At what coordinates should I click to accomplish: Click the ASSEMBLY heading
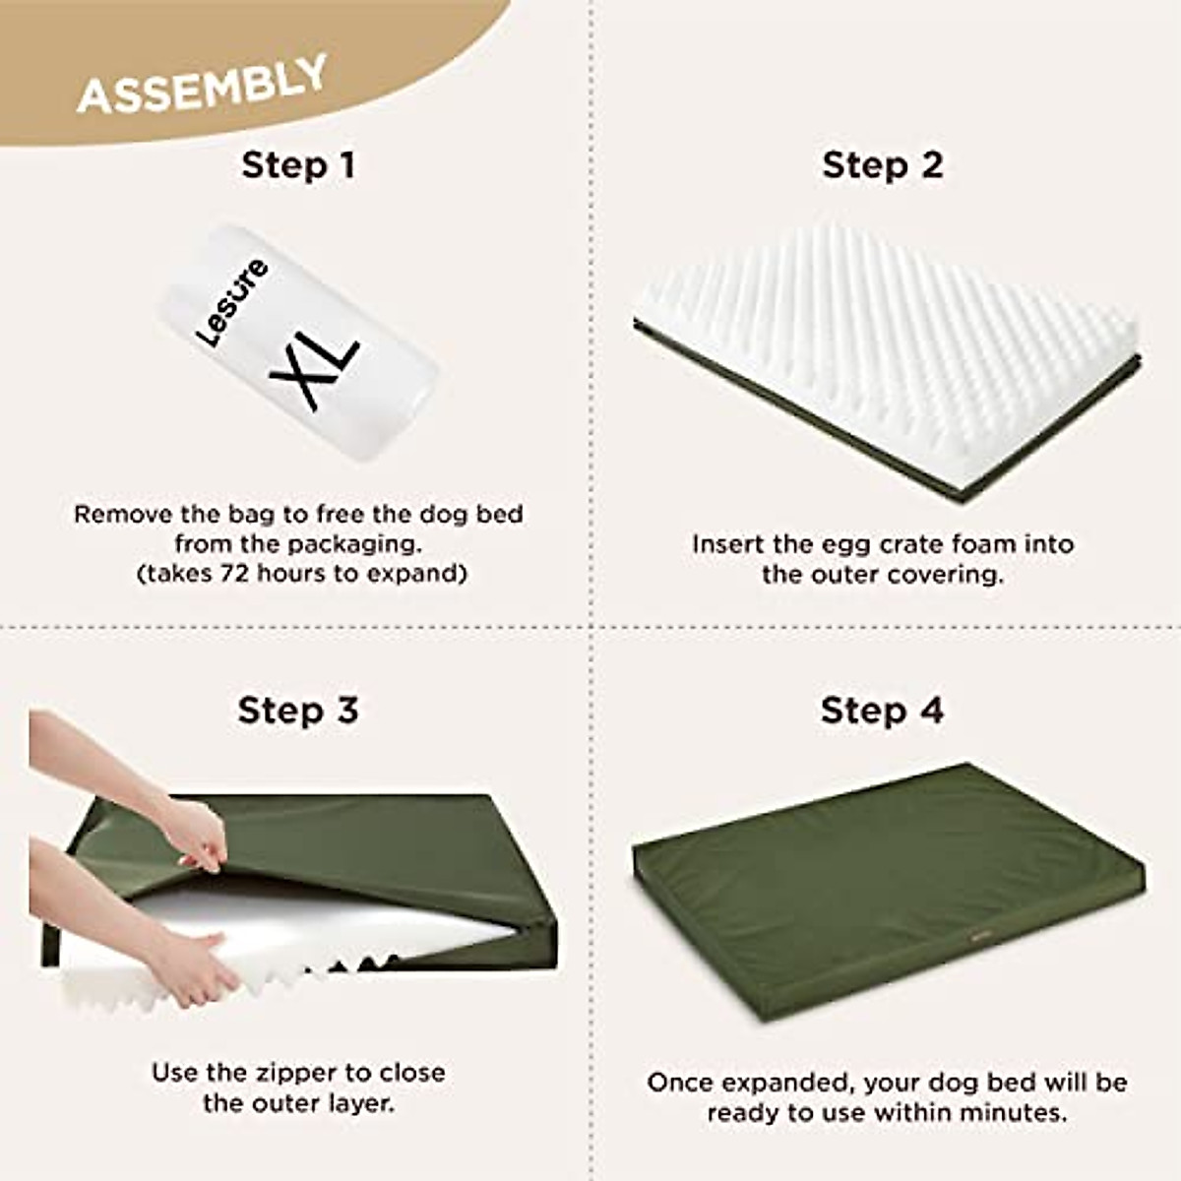(202, 85)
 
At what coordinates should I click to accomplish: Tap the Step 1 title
(298, 165)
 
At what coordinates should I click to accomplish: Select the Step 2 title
(882, 165)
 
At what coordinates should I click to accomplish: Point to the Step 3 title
(298, 710)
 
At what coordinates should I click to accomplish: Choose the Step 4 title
(882, 710)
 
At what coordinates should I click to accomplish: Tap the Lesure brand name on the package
(231, 302)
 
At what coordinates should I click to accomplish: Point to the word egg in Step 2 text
(824, 544)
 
